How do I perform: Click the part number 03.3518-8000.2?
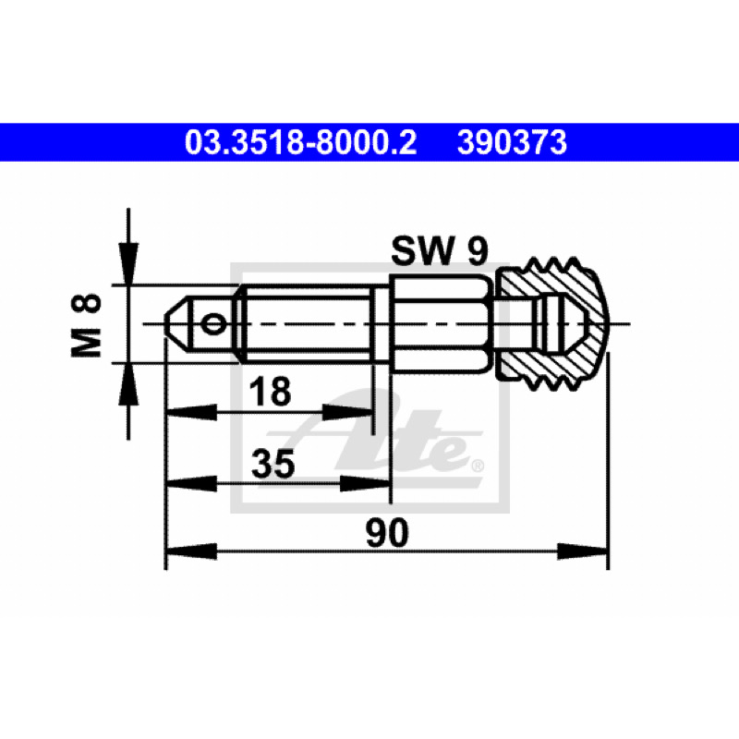point(301,142)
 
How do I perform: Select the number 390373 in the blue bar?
point(512,142)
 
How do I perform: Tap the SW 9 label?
point(440,250)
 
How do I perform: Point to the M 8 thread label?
point(86,326)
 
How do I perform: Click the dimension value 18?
point(270,392)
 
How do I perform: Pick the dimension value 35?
point(273,464)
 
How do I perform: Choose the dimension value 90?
point(387,533)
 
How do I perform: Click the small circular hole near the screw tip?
point(213,324)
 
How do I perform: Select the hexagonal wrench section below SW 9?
point(442,325)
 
